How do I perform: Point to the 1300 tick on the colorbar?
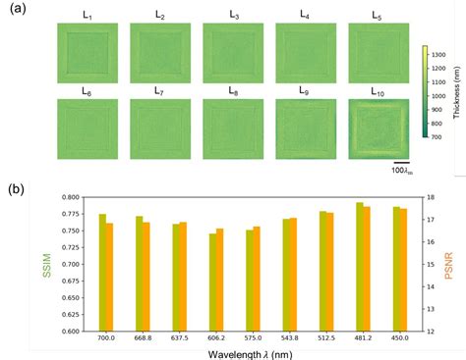[x=442, y=54]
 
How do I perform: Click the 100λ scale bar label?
[x=402, y=173]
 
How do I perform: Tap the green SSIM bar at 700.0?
[x=102, y=272]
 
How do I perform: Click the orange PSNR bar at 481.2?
[x=367, y=268]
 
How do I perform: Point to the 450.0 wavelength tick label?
[x=399, y=338]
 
